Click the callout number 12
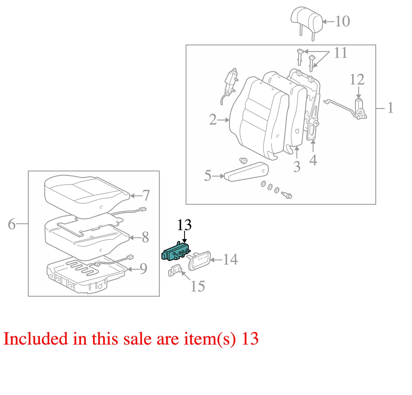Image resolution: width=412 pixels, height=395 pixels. pos(357,79)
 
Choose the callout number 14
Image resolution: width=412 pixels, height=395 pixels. pos(230,259)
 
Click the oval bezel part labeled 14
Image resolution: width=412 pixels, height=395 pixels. pos(199,261)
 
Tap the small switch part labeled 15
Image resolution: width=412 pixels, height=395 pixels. pos(175,271)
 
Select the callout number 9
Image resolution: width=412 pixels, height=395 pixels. pos(143,269)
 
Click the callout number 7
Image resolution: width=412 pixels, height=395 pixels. pos(146,195)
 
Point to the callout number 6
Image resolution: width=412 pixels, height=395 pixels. pos(12,224)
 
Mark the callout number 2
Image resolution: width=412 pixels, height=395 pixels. pos(213,120)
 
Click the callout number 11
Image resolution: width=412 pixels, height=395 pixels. pos(340,53)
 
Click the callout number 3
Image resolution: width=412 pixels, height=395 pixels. pos(297,166)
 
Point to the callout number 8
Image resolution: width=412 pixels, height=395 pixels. pos(145,237)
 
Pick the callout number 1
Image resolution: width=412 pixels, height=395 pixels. pos(390,108)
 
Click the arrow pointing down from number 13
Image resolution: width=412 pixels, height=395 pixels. pos(185,237)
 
